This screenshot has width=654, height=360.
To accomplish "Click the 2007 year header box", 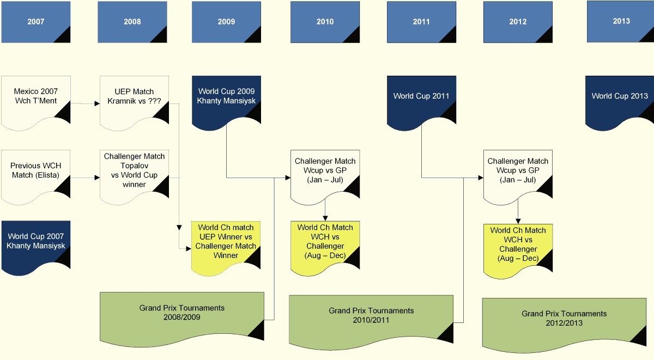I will [36, 22].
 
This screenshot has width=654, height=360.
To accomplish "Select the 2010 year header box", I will [325, 22].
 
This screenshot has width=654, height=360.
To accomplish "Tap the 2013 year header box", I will [620, 21].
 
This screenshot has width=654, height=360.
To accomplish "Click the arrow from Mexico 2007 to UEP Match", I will [86, 102].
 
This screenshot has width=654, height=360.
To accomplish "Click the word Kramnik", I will [122, 101].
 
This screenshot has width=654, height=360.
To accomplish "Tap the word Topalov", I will [135, 166].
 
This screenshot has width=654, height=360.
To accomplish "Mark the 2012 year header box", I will [518, 22].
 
